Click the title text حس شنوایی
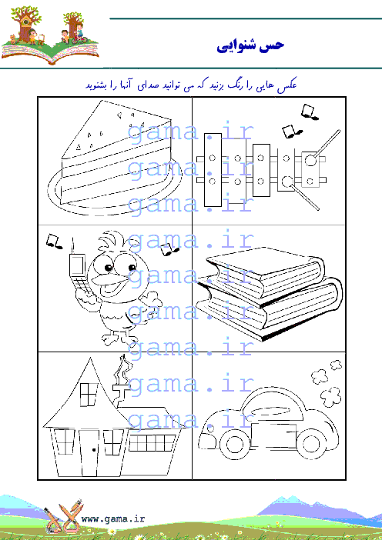tap(250, 45)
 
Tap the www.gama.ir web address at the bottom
tap(112, 518)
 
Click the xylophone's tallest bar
tap(213, 170)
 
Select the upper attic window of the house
tap(89, 394)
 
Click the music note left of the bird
tap(54, 241)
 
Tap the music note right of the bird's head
tap(169, 249)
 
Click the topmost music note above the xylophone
tap(310, 112)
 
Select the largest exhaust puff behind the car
tap(330, 396)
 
